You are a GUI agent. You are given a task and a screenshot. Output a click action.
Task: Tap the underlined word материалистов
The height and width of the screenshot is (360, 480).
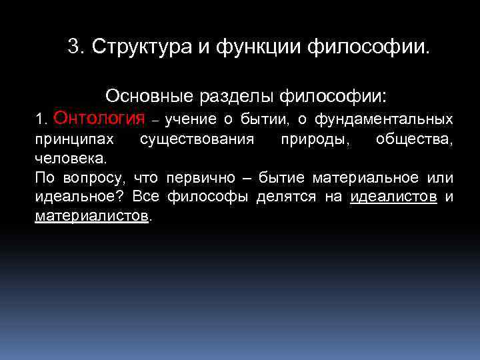pyautogui.click(x=92, y=216)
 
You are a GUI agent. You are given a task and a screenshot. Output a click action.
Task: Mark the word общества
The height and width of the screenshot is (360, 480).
pyautogui.click(x=414, y=139)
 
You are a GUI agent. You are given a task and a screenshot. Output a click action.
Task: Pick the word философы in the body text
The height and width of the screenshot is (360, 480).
pyautogui.click(x=198, y=197)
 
